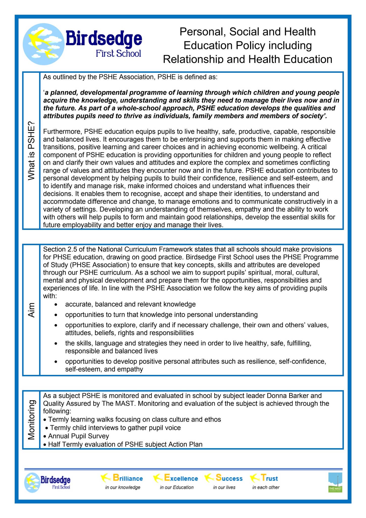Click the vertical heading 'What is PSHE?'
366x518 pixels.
coord(31,151)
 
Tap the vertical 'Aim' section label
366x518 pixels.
coord(31,310)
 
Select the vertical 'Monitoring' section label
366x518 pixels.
coord(31,420)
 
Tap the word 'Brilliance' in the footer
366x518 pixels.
coord(128,478)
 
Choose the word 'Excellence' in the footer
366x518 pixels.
coord(181,478)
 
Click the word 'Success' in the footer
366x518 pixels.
coord(229,478)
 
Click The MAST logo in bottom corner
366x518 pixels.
coord(335,483)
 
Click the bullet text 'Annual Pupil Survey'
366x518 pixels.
coord(79,436)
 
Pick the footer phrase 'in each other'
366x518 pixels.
coord(266,487)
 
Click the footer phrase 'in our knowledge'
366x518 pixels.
coord(123,487)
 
